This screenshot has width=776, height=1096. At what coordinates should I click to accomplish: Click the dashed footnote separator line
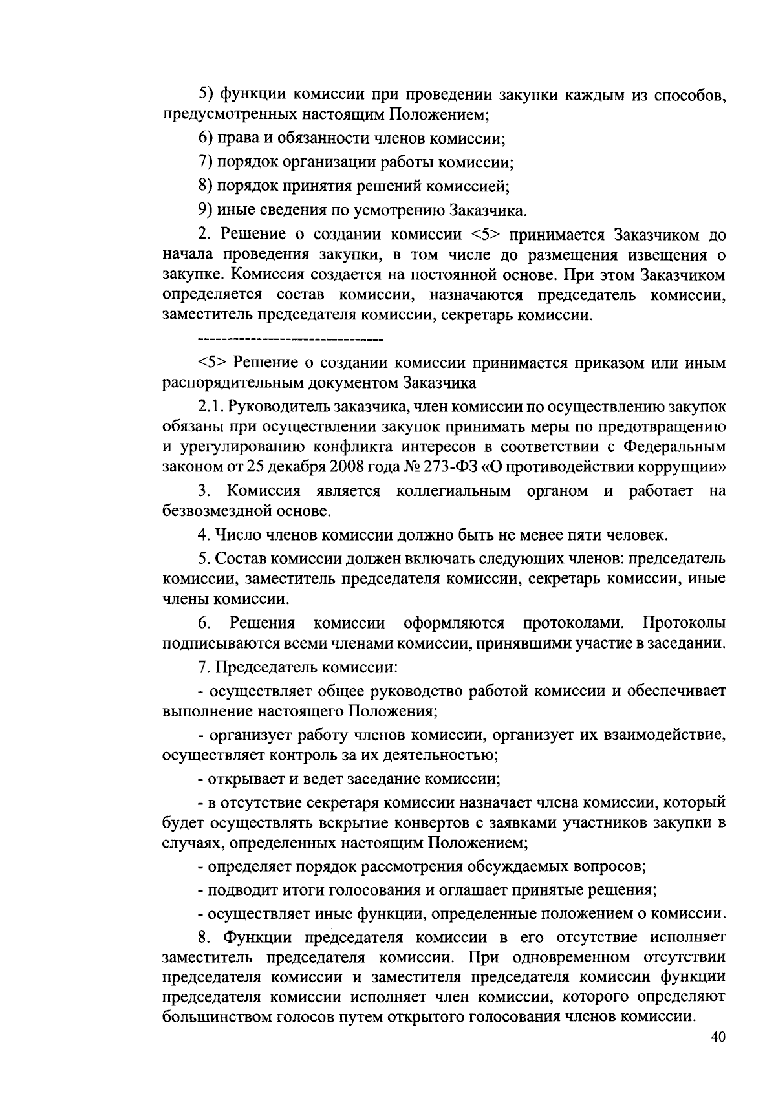[x=290, y=338]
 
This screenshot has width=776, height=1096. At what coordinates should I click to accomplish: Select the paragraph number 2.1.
[x=210, y=407]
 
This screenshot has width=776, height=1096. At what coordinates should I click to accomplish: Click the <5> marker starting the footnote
[x=210, y=363]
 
